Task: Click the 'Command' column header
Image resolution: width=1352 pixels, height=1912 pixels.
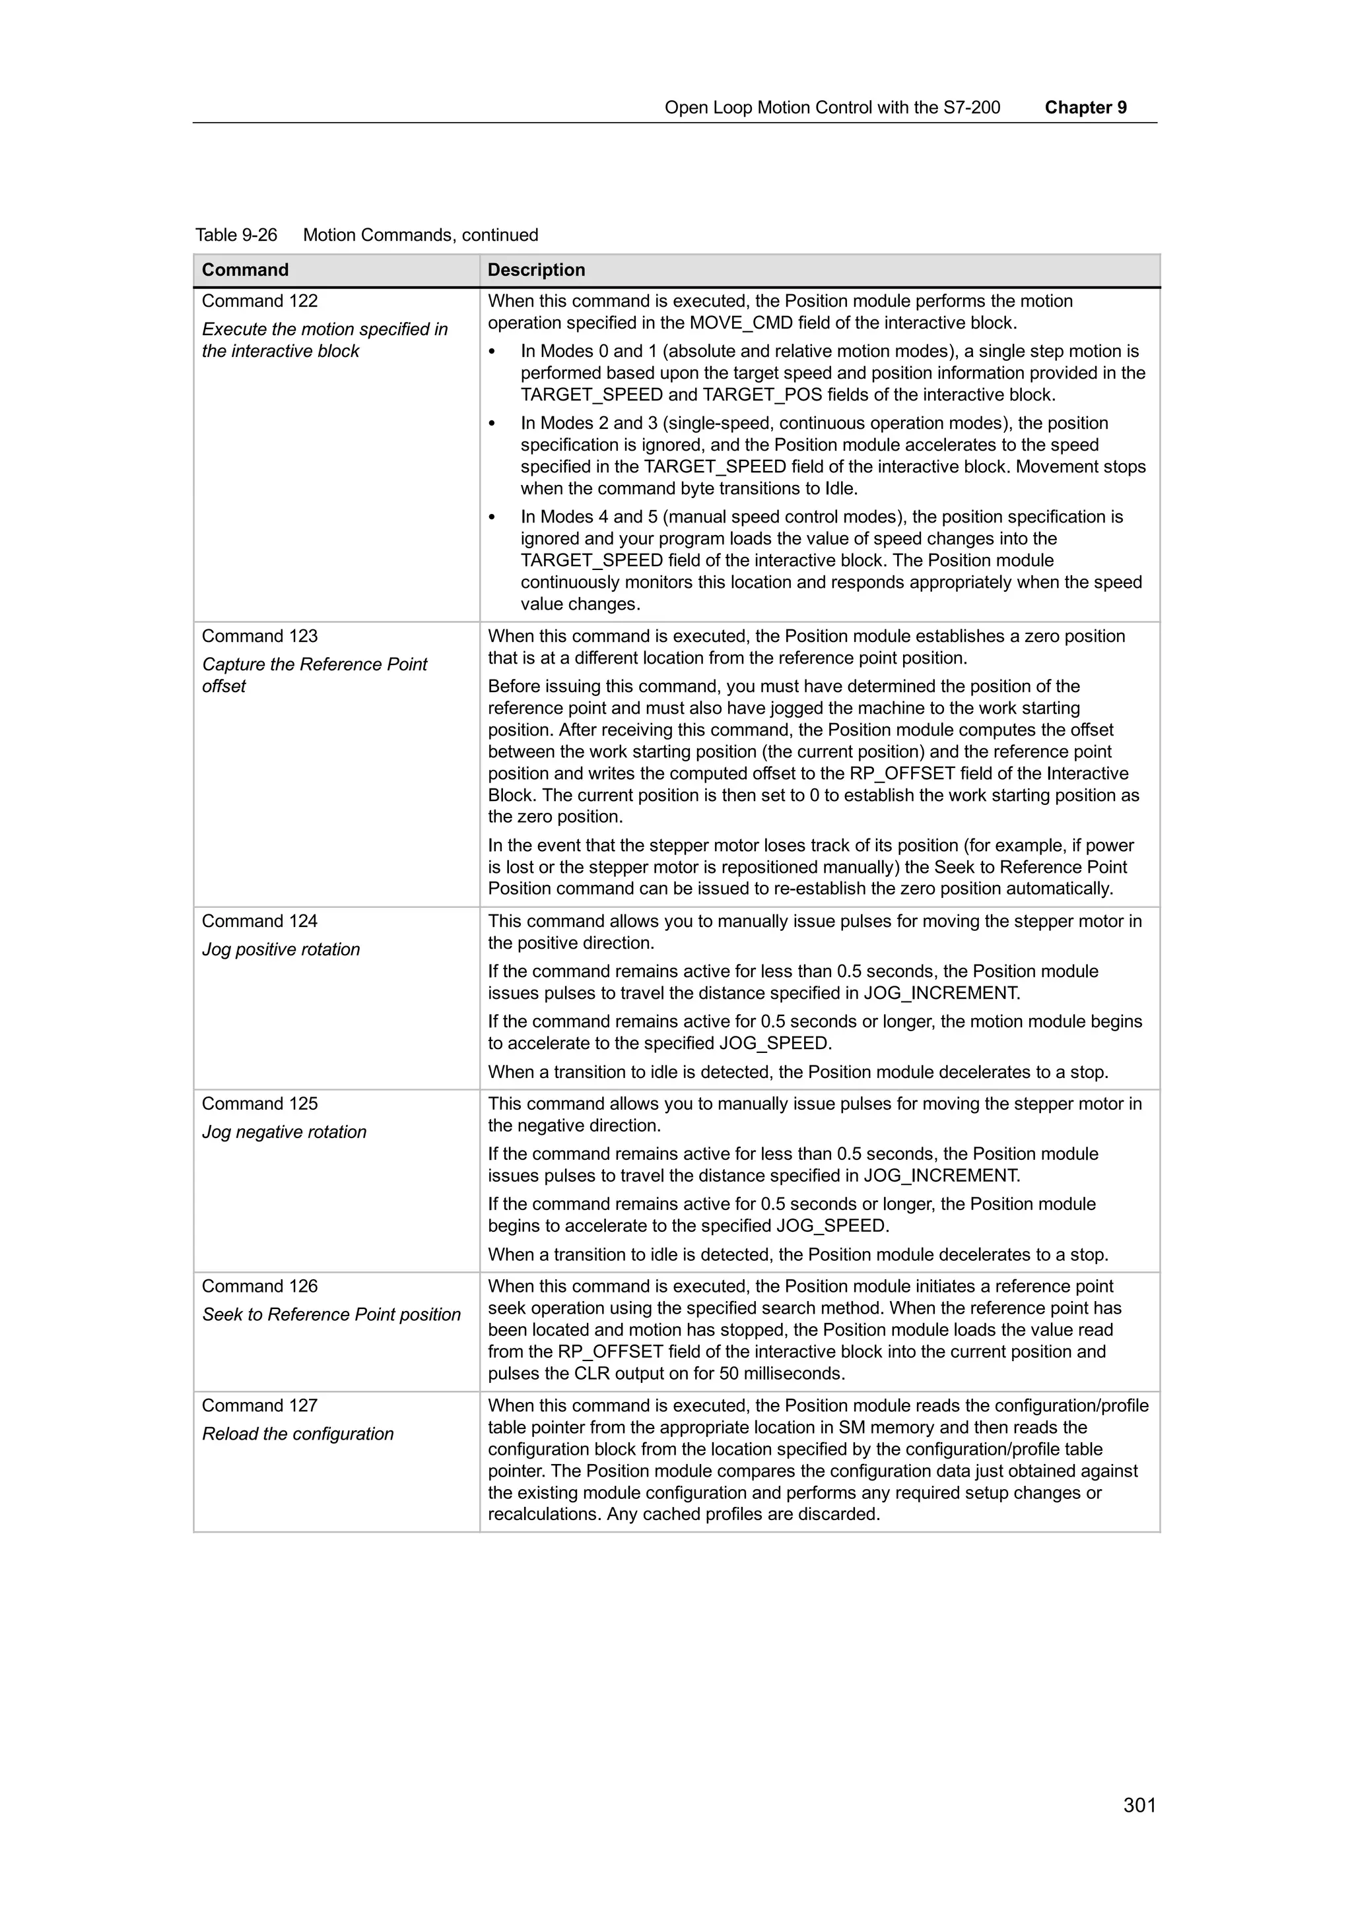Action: coord(245,270)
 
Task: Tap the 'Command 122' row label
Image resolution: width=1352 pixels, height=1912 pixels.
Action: coord(259,301)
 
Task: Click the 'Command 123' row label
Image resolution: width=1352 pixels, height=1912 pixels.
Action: coord(259,636)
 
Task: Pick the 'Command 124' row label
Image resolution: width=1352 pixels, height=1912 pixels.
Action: coord(259,921)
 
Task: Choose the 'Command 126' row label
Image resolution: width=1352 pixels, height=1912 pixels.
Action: coord(259,1286)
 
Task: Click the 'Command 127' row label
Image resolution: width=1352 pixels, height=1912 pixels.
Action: coord(259,1406)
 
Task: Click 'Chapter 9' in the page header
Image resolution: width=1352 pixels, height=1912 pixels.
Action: coord(1085,108)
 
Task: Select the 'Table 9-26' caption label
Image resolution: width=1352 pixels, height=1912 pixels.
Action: coord(236,235)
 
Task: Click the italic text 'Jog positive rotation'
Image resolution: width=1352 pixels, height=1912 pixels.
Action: coord(281,949)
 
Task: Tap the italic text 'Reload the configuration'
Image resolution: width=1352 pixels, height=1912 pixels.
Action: coord(297,1434)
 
